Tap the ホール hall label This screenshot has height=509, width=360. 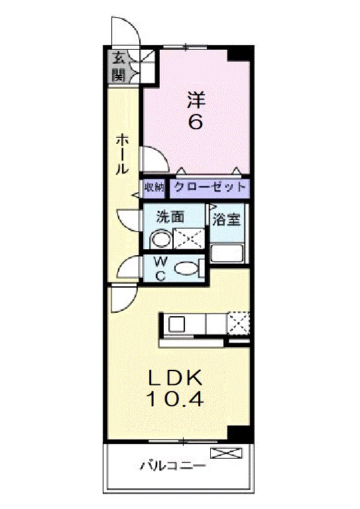(122, 153)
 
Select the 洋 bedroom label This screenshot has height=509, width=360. (196, 99)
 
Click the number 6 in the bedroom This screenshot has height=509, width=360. (196, 122)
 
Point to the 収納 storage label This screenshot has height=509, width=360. (154, 188)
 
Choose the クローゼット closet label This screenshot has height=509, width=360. (210, 188)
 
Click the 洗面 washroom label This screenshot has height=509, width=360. (170, 217)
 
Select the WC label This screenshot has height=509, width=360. (160, 268)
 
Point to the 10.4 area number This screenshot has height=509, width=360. (174, 400)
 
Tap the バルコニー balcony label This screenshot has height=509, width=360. (172, 466)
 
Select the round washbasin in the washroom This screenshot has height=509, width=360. (159, 238)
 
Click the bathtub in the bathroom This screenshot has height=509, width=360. (227, 253)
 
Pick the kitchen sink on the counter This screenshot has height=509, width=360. (176, 324)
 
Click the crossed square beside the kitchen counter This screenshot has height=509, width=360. (238, 323)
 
